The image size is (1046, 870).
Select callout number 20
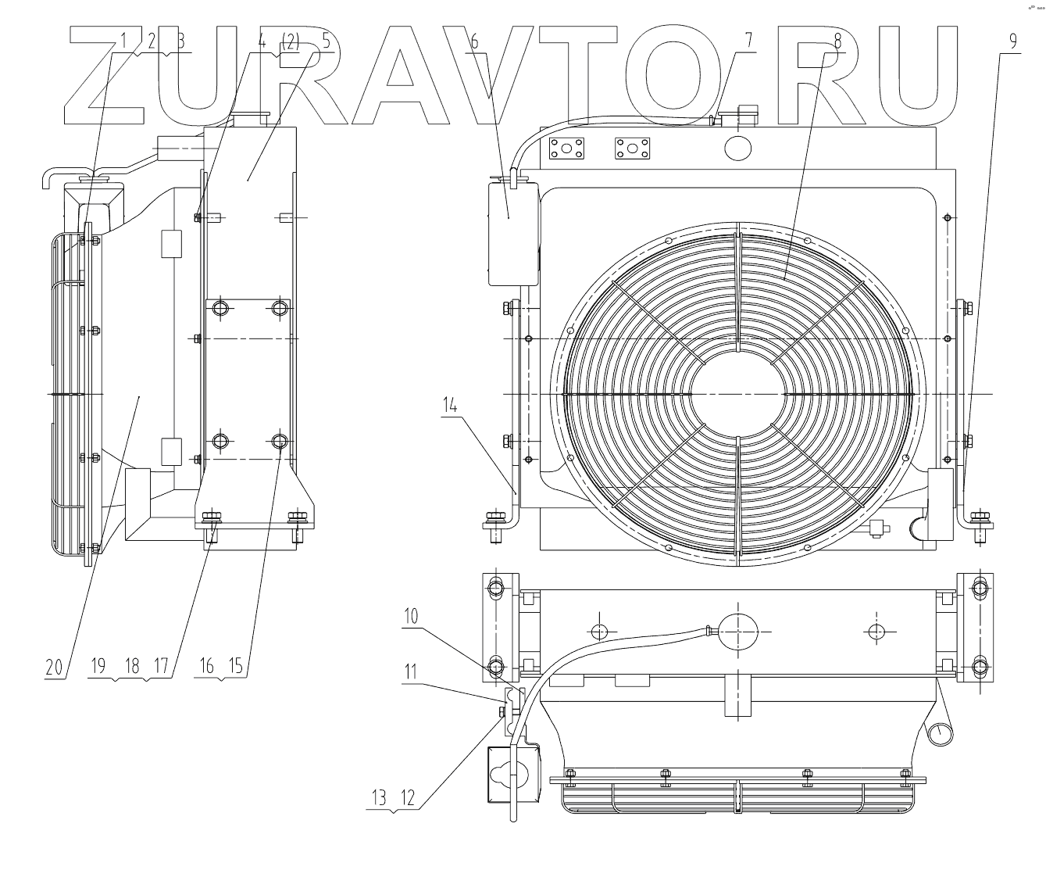(53, 666)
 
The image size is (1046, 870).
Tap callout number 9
(1012, 42)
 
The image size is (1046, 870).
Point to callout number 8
(837, 42)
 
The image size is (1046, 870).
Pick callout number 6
(473, 42)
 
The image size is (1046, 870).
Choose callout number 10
(411, 616)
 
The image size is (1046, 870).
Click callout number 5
(325, 42)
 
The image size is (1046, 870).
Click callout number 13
(379, 798)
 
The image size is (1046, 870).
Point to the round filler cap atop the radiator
(739, 146)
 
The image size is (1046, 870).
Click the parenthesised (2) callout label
(290, 42)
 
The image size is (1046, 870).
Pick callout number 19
(98, 666)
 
